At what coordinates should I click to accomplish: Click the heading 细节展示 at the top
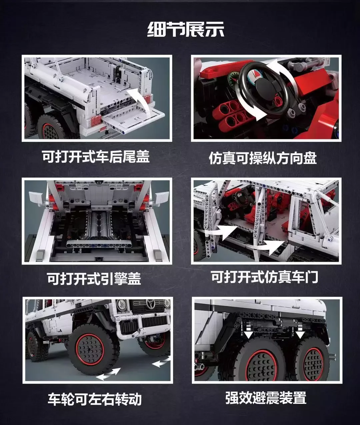coord(186,30)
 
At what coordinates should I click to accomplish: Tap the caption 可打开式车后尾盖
coord(96,156)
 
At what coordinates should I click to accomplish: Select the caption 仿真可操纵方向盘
coord(263,158)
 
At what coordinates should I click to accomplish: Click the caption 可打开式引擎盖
coord(94,278)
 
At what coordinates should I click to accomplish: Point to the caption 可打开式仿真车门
coord(265,277)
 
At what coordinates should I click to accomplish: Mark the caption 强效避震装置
coord(266,398)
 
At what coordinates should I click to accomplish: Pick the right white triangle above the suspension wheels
coord(300,334)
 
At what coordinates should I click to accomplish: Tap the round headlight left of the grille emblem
coord(122,304)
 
